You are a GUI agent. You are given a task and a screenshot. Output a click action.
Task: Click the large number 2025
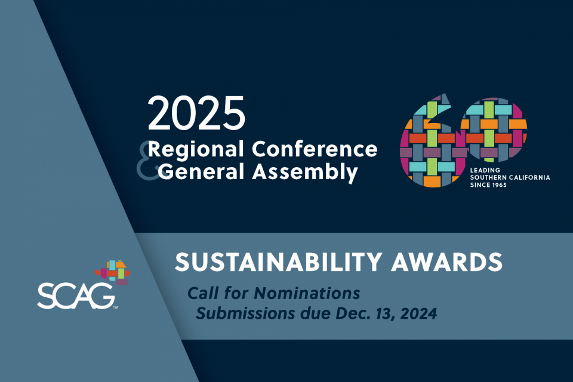[x=196, y=114]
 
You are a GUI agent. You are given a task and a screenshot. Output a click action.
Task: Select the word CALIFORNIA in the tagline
[x=528, y=178]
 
